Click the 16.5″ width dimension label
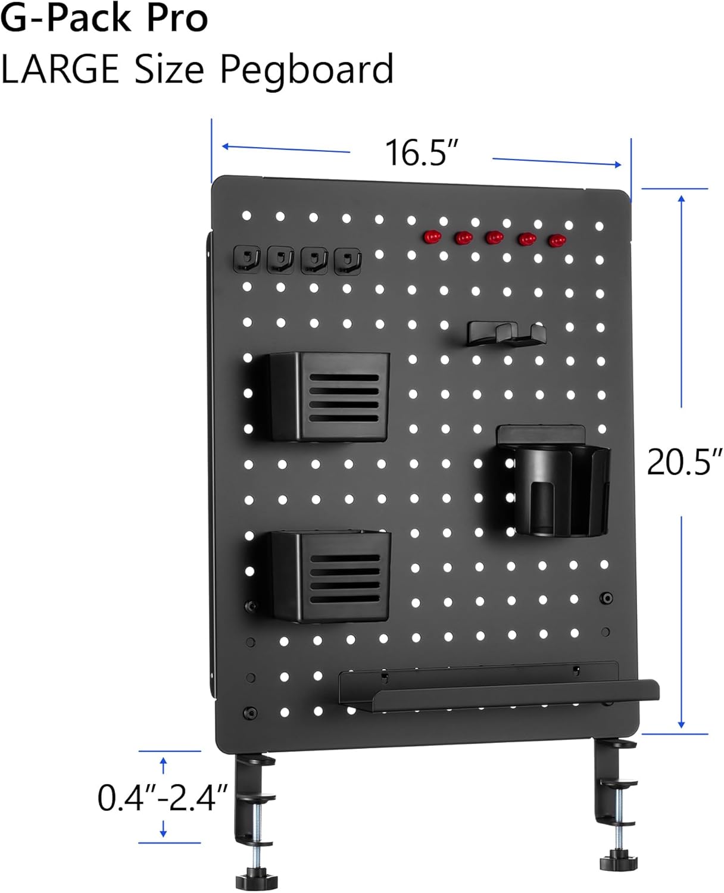422,152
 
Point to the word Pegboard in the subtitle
307,70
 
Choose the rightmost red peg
557,241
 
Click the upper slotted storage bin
329,395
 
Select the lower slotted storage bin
331,575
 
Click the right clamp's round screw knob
616,861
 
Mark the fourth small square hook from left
348,260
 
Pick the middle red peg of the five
494,238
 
